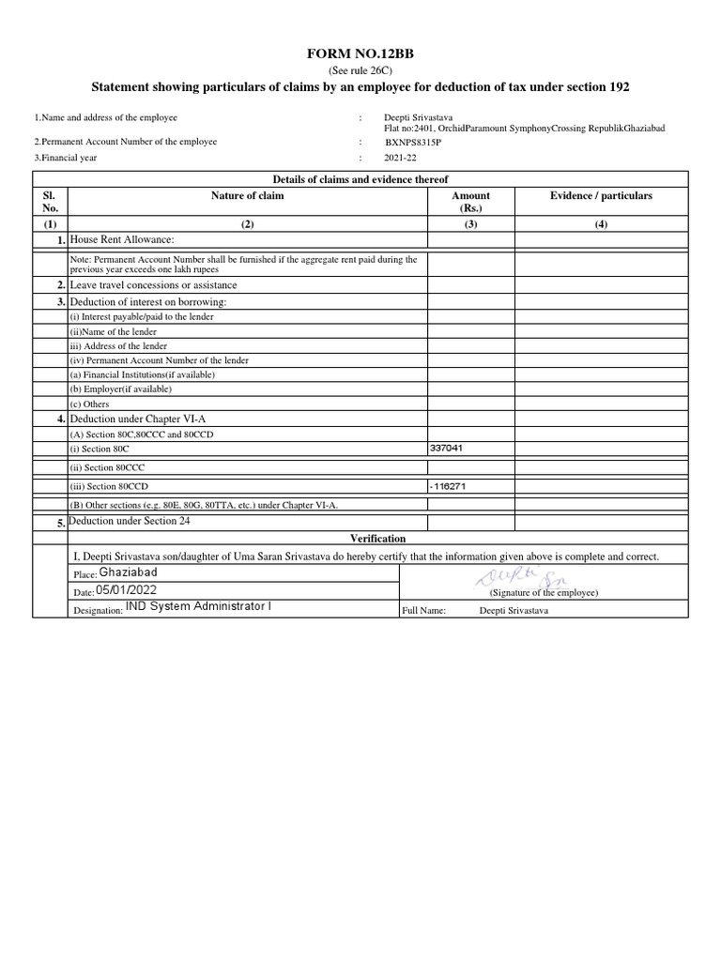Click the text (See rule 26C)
coord(360,71)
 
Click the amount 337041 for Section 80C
coord(446,449)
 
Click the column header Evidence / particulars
coord(601,196)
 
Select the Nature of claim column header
coord(248,196)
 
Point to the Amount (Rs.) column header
coord(470,202)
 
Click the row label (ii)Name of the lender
coord(114,331)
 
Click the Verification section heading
coord(377,539)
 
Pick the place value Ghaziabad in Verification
coord(129,572)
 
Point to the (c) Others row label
coord(90,404)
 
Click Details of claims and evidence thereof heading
coord(360,179)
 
